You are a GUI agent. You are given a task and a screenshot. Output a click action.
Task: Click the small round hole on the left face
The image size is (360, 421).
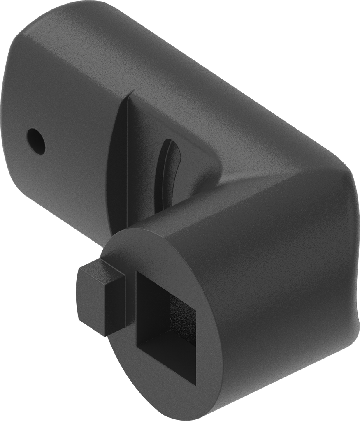(36, 141)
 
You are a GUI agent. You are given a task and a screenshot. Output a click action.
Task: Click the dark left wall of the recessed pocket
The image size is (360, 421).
(119, 164)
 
